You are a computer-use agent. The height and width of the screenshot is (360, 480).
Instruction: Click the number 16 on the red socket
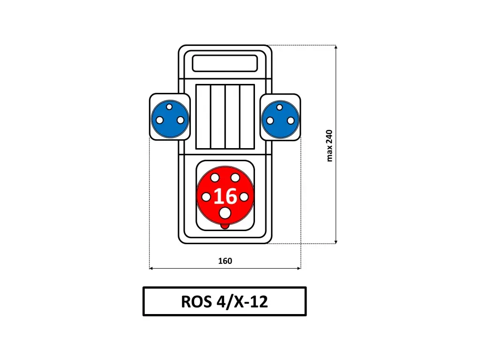pos(225,196)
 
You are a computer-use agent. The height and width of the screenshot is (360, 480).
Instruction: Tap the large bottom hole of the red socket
pos(225,213)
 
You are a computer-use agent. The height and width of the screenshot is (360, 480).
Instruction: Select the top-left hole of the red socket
pos(215,178)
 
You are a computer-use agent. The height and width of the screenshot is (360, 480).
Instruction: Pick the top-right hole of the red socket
pos(235,178)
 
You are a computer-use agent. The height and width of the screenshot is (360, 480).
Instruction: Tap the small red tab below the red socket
pos(225,226)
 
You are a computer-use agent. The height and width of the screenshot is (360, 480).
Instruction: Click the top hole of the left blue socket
pos(169,107)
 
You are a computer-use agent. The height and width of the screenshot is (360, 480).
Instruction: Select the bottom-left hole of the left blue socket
pos(159,120)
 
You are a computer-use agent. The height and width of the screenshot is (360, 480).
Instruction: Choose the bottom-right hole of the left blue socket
pos(180,120)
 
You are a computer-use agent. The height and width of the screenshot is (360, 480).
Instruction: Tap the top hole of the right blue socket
pos(279,107)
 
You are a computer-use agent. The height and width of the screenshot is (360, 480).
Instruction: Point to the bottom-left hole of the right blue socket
pos(270,120)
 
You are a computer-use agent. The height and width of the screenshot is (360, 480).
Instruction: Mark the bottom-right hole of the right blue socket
pos(291,120)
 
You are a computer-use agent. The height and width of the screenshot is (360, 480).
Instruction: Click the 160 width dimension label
pos(225,261)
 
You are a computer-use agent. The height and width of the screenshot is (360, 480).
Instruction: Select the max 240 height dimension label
pos(329,146)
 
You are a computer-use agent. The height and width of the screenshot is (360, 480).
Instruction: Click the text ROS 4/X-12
pos(225,301)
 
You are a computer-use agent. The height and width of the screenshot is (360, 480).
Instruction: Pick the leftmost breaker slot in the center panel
pos(203,117)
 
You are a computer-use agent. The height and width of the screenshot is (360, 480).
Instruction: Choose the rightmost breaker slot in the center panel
pos(247,117)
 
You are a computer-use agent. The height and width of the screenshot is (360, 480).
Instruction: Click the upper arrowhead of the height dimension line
pos(336,47)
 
